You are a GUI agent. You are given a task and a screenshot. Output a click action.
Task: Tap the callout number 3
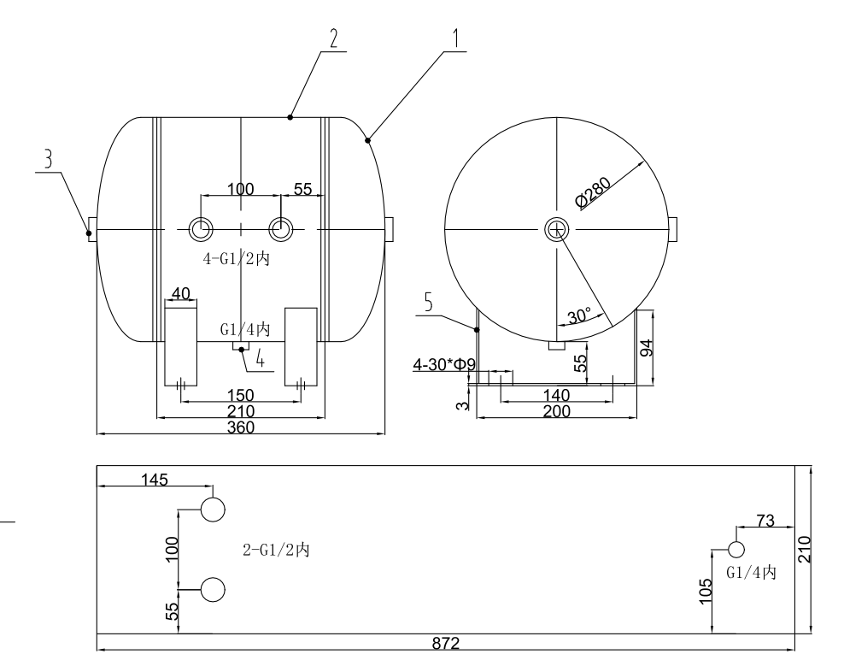pyautogui.click(x=48, y=159)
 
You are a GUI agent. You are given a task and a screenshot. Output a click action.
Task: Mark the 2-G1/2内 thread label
pyautogui.click(x=276, y=550)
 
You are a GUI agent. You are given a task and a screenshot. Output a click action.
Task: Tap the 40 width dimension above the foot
pyautogui.click(x=181, y=293)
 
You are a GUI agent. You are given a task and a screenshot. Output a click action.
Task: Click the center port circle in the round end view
pyautogui.click(x=556, y=228)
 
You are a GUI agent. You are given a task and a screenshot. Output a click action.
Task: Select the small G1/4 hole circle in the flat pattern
pyautogui.click(x=736, y=550)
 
